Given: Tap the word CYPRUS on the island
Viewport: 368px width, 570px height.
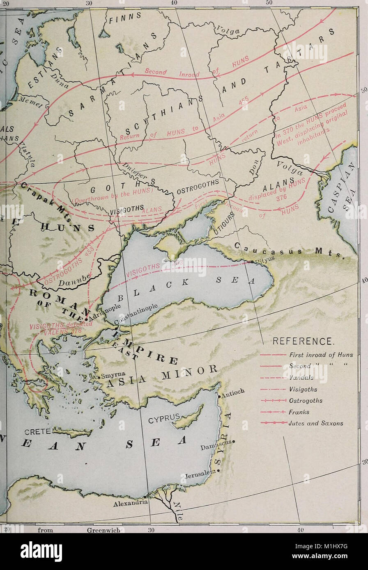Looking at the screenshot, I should coord(164,420).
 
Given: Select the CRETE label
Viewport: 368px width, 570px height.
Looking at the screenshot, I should coord(38,431).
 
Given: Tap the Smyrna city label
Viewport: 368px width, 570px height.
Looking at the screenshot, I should coord(111,374).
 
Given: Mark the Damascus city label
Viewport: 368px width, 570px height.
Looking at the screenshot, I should coord(216,445).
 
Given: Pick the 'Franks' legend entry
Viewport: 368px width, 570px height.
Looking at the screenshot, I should coord(299,412).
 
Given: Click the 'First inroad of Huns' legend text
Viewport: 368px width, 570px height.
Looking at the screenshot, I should coord(321,355).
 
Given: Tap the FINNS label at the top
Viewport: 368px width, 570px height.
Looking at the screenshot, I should coord(125,18).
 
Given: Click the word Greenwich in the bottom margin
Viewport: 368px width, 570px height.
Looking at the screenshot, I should coord(103,530).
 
